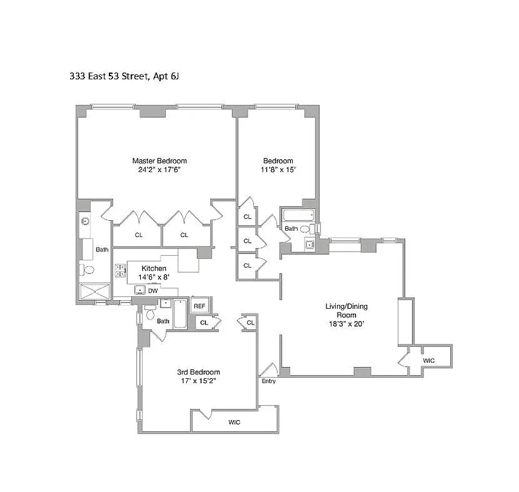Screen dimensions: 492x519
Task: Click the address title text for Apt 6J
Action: pos(127,77)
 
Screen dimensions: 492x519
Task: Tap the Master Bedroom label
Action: pos(159,161)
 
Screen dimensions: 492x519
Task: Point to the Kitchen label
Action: pos(154,268)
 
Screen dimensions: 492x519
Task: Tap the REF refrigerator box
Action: pos(200,306)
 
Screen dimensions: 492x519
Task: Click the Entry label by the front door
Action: pos(269,381)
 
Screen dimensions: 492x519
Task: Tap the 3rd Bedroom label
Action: pos(199,372)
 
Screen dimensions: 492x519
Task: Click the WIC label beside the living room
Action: pos(429,360)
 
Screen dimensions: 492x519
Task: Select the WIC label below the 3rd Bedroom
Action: pos(234,422)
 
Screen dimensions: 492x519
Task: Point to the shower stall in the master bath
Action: pos(93,292)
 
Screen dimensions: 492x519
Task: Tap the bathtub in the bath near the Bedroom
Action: pos(298,215)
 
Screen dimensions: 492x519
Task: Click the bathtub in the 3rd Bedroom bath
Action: pos(180,313)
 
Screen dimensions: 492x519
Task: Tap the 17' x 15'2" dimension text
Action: pos(199,381)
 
